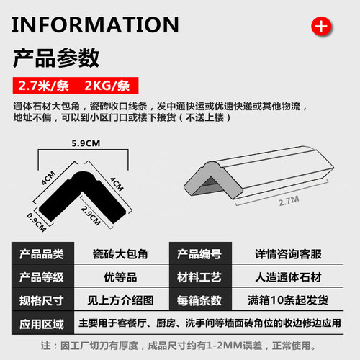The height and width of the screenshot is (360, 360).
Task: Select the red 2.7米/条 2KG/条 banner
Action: click(x=72, y=84)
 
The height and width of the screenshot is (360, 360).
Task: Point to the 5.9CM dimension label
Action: click(x=84, y=143)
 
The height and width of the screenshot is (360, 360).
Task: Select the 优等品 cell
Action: click(x=115, y=276)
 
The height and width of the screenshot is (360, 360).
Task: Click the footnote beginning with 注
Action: click(x=180, y=346)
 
